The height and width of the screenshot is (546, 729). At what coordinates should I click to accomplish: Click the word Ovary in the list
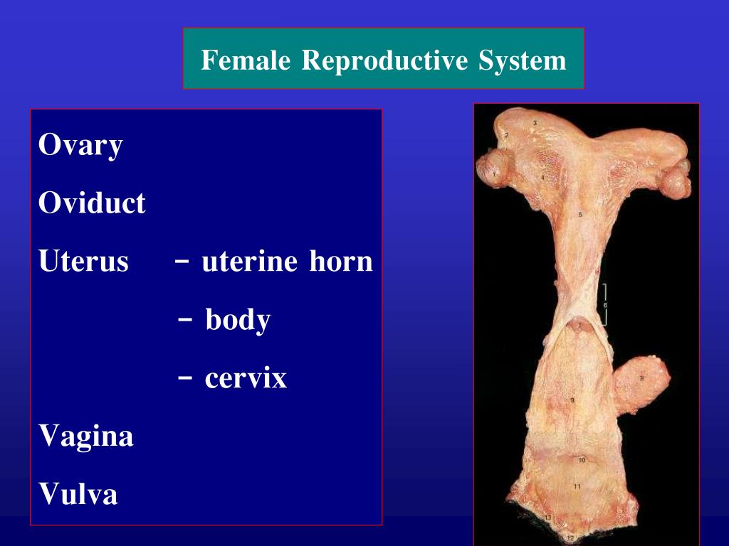pos(80,146)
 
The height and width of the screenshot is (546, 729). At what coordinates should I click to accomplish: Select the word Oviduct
pos(92,204)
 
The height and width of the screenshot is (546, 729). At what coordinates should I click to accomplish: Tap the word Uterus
pos(83,262)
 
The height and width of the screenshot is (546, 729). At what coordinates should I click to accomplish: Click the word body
pos(238,321)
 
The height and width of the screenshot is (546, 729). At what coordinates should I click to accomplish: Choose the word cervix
pos(246,378)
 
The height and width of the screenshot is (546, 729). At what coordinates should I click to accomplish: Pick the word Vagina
pos(86,436)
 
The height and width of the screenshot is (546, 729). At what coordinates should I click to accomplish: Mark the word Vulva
pos(78,493)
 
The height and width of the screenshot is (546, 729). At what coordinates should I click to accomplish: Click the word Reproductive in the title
pos(385,60)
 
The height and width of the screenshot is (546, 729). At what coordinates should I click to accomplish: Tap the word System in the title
pos(523,60)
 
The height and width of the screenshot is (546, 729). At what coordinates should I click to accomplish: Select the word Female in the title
pos(246,60)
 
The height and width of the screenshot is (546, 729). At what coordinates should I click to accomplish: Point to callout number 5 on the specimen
pos(580,214)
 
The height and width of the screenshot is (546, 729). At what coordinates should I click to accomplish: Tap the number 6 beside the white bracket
pos(605,305)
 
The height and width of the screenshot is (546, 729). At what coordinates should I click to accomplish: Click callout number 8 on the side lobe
pos(641,379)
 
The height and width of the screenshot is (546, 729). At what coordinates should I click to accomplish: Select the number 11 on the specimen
pos(577,486)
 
